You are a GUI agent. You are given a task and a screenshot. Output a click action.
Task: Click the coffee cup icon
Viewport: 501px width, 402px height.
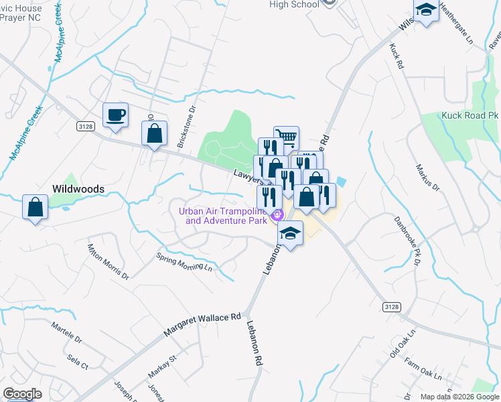point(115,115)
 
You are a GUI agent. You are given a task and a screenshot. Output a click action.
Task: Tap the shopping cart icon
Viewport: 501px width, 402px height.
point(287,138)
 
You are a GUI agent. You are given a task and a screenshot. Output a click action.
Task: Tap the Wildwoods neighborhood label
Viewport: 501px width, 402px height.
point(79,190)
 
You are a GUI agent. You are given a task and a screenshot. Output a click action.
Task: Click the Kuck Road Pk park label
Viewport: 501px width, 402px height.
point(470,115)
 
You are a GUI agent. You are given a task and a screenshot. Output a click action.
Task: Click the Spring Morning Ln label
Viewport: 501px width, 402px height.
point(184,262)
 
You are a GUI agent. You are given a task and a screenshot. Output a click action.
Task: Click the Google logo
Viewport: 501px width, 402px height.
point(22,394)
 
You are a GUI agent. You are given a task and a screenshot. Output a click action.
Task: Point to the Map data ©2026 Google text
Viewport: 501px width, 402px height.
point(459,397)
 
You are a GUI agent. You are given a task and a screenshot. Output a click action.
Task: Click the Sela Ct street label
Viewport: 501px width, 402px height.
point(78,362)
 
